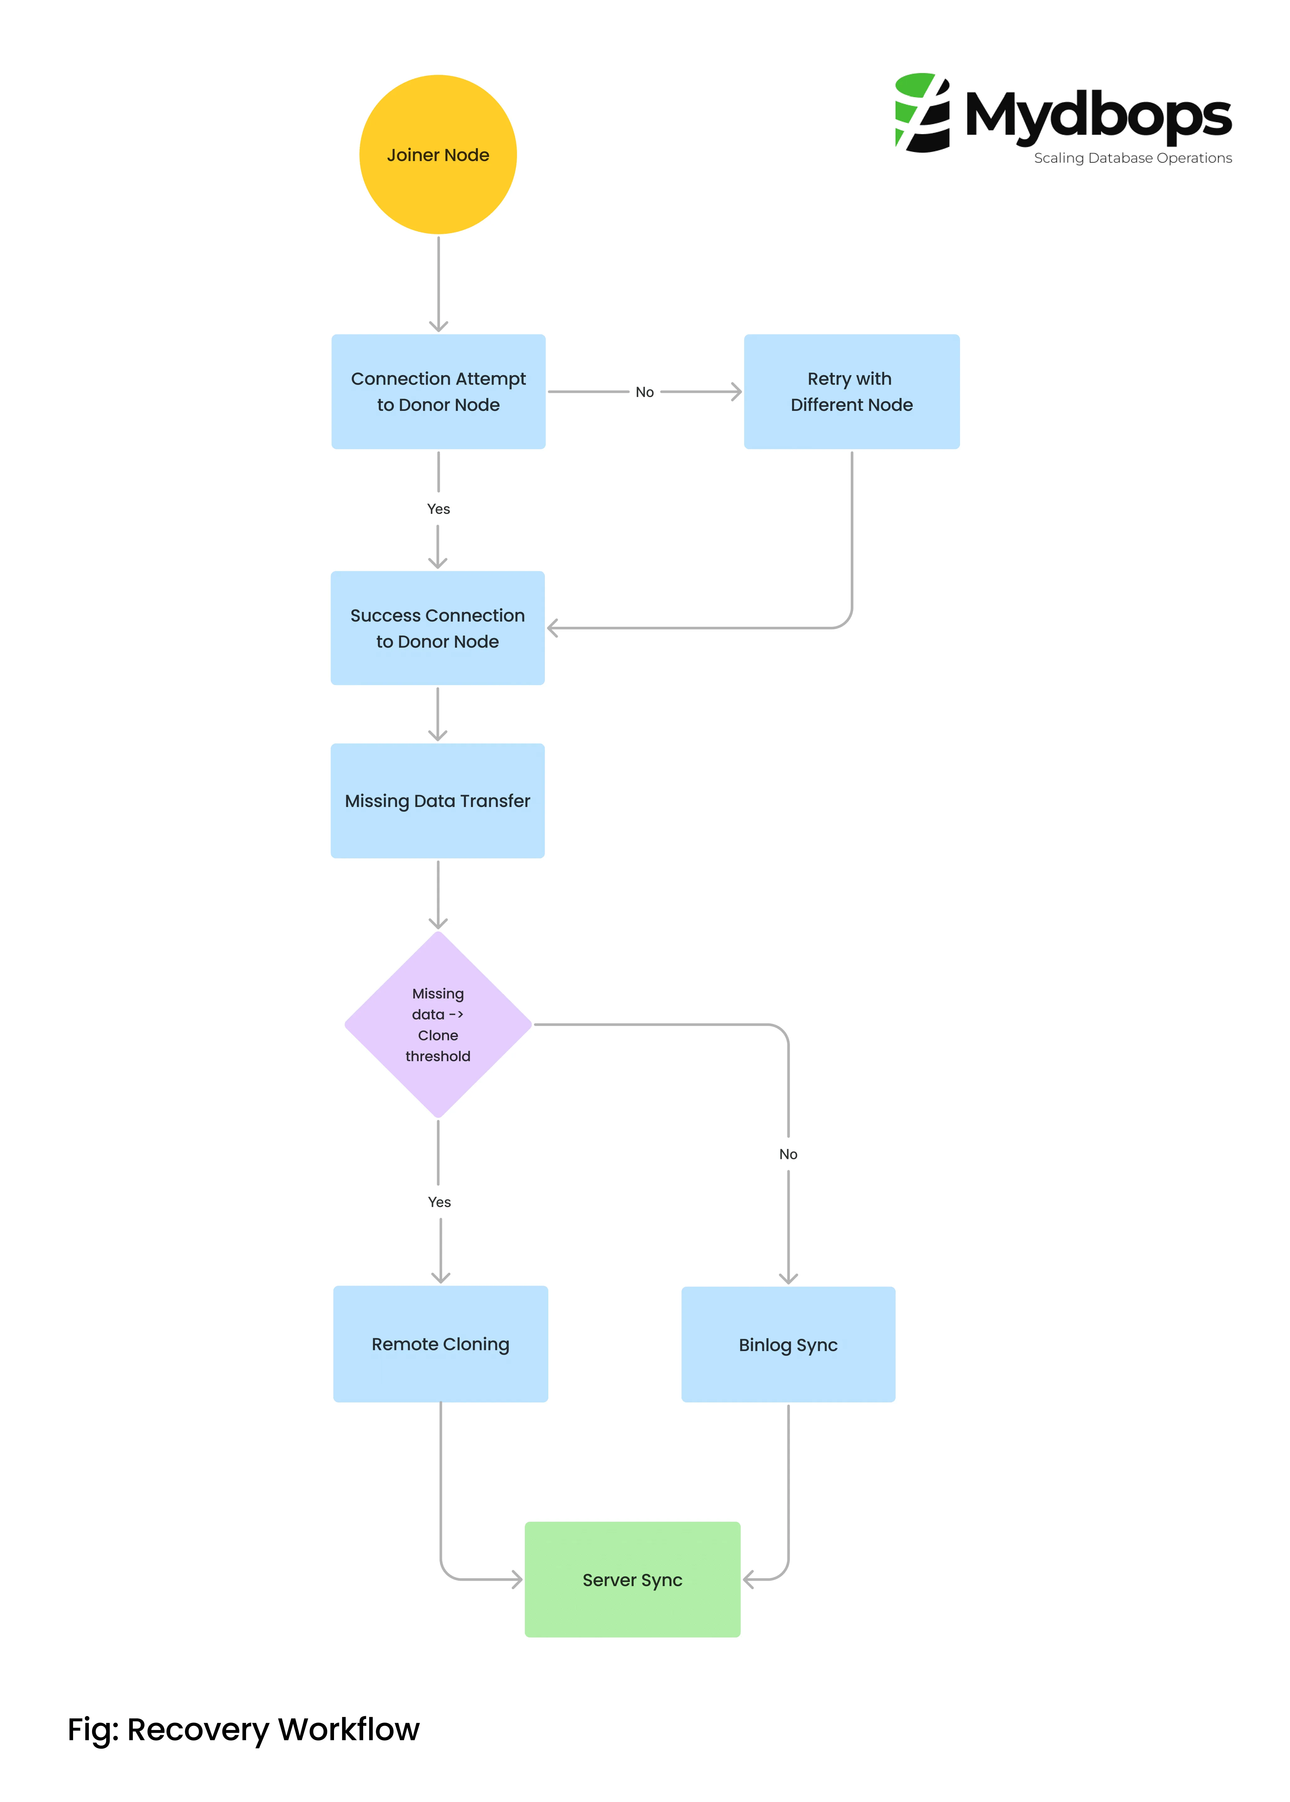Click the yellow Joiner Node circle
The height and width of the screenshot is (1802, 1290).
click(438, 155)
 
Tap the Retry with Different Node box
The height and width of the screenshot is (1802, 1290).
click(852, 392)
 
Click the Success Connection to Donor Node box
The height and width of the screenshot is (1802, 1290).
click(438, 628)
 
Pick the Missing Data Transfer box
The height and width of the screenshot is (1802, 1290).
click(438, 801)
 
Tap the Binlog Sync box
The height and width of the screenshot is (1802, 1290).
click(788, 1344)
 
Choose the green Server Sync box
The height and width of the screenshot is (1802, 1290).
click(632, 1579)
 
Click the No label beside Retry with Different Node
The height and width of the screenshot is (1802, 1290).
click(644, 392)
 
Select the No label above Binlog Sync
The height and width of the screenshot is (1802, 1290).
click(788, 1154)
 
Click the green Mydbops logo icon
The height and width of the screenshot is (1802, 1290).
click(922, 113)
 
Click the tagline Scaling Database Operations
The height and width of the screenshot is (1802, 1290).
click(1133, 158)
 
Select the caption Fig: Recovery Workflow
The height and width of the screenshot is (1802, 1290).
click(243, 1730)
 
